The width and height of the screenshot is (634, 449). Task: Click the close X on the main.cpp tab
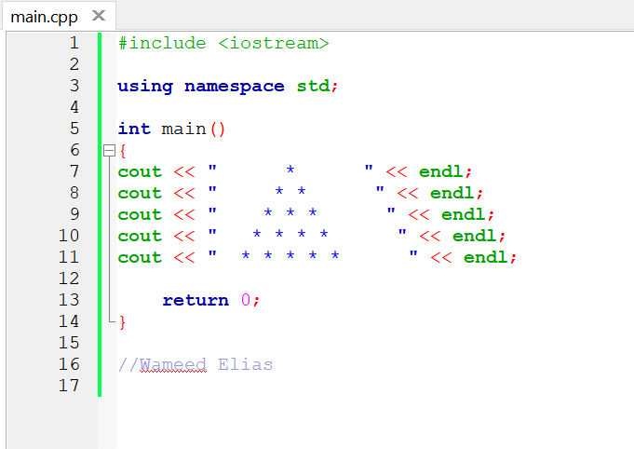click(99, 17)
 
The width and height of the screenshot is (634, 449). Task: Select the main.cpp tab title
click(44, 17)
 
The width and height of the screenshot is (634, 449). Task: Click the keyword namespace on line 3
click(235, 86)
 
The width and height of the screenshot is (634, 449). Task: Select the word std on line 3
click(313, 86)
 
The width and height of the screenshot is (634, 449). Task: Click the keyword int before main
click(134, 129)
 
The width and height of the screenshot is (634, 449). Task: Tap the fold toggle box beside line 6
click(108, 150)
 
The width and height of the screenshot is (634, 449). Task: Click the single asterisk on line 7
click(290, 171)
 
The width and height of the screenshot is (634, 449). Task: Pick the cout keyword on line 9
click(140, 214)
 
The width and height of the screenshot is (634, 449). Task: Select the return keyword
click(196, 300)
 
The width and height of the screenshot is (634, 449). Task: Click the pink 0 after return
click(246, 300)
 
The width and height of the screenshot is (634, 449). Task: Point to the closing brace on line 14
click(122, 321)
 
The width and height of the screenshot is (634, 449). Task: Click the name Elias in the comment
click(246, 364)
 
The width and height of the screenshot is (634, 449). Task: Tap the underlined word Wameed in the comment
click(173, 364)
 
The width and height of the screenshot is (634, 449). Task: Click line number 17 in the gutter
click(69, 386)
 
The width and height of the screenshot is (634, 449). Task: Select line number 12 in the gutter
click(69, 279)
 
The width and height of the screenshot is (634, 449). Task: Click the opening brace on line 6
click(122, 150)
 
